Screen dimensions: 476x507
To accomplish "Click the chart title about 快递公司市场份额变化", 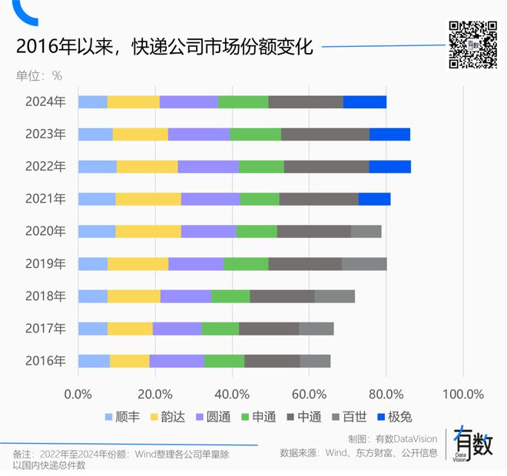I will (164, 47).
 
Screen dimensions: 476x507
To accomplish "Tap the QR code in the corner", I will (472, 45).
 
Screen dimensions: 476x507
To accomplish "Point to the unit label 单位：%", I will (39, 75).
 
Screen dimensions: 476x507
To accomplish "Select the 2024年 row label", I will (45, 102).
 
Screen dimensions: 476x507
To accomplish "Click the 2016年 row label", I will (45, 361).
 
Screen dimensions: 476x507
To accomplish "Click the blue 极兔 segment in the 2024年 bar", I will (364, 102).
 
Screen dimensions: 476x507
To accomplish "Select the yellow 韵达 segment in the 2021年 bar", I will (148, 200).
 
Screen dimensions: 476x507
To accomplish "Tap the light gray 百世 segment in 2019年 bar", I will (364, 264).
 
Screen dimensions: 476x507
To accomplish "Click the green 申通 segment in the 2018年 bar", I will (230, 296).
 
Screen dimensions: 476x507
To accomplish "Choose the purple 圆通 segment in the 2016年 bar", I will (177, 361).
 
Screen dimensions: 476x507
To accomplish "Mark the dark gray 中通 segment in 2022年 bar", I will (326, 167).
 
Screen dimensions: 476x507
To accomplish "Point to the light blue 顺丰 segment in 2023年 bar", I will (95, 134).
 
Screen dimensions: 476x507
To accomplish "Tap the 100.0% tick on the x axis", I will (464, 394).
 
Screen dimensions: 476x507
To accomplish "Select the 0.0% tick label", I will (78, 394).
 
